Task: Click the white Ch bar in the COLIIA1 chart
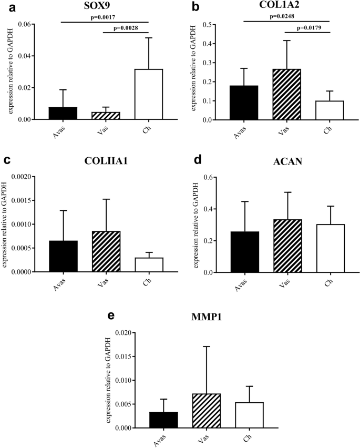point(149,265)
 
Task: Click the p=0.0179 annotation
point(314,27)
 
